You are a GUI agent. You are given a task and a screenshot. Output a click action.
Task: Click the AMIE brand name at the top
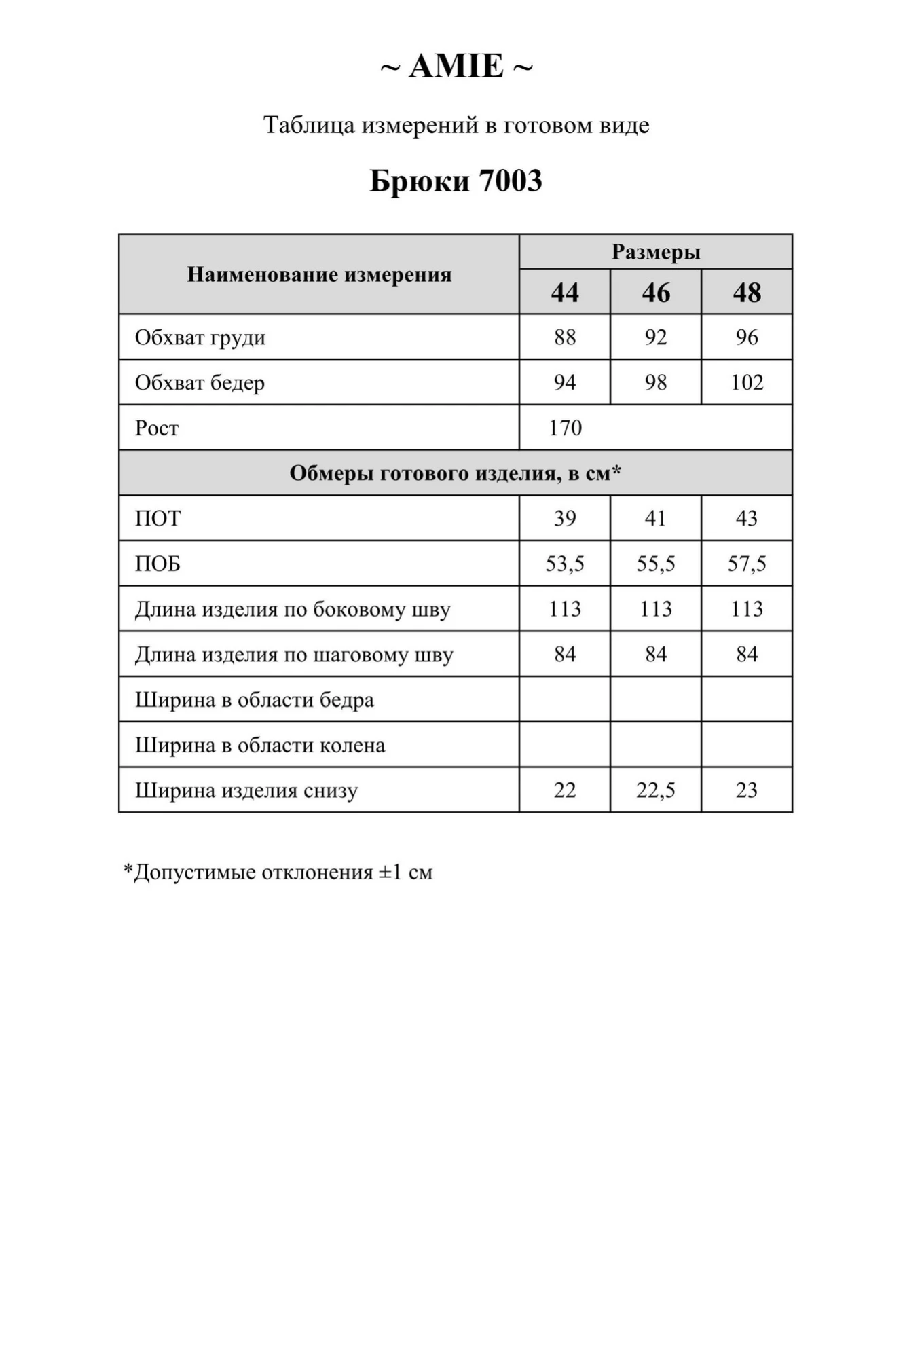456,67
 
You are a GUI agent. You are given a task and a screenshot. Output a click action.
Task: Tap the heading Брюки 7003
456,181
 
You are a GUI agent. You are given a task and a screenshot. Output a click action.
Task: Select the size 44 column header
565,293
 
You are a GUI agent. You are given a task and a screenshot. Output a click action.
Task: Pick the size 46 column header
656,293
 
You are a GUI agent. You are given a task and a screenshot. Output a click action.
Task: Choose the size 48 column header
747,293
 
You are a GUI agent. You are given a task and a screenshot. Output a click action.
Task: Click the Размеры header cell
656,252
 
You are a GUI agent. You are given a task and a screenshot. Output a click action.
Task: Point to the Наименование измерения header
319,274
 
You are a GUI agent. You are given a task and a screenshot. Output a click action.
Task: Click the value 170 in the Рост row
565,428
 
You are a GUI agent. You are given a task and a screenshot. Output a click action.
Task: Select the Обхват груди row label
200,337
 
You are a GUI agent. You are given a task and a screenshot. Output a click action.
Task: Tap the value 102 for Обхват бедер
747,383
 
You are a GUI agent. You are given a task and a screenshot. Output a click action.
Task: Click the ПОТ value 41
656,519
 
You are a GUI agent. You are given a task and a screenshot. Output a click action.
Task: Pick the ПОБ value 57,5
747,564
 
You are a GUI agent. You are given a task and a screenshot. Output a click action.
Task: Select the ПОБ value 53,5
565,564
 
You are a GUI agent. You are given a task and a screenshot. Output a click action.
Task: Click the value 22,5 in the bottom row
656,790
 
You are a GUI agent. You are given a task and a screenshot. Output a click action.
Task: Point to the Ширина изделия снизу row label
246,790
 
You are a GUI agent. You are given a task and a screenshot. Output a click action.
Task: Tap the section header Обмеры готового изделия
455,473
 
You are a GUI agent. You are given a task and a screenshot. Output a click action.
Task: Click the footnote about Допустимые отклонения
278,872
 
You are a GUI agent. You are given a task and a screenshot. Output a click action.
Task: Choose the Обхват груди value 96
747,337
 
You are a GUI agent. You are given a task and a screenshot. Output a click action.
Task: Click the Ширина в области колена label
260,746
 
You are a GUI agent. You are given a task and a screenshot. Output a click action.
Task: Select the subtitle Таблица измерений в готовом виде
456,125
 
